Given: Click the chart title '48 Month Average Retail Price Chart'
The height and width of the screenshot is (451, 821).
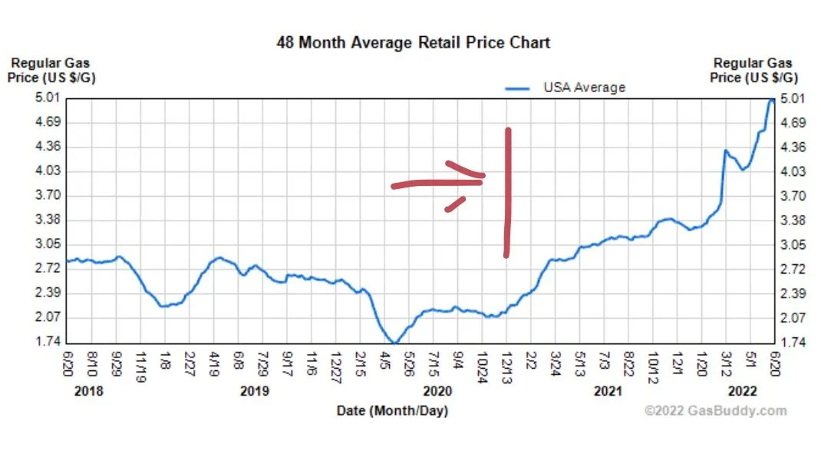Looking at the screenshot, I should coord(413,42).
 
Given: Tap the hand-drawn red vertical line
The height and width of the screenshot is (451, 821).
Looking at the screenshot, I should coord(507,192).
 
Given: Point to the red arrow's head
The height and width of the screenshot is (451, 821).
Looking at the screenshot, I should coord(479,178).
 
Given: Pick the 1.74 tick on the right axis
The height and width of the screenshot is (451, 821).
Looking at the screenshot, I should coord(793,342).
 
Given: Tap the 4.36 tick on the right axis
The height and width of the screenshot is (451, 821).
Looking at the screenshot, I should coord(793,147).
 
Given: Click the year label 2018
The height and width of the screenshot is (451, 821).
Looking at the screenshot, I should coord(88,391).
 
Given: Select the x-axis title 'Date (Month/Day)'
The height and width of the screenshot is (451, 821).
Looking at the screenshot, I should coord(391,411).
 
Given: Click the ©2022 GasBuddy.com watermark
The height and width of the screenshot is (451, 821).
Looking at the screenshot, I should coord(715,411).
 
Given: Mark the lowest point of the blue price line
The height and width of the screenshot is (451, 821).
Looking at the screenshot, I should coord(394,343).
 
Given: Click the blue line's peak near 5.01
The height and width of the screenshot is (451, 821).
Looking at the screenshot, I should coord(771,100).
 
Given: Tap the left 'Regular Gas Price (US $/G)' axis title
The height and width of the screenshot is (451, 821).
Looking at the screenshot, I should coord(52,71).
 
